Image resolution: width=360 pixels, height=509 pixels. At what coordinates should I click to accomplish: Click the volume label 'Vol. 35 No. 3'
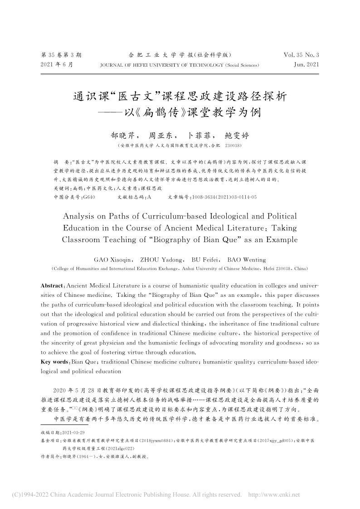click(x=301, y=55)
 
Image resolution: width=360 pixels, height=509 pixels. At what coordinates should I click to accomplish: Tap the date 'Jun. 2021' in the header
click(x=306, y=65)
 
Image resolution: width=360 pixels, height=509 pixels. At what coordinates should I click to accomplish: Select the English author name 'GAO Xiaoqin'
click(x=113, y=260)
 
